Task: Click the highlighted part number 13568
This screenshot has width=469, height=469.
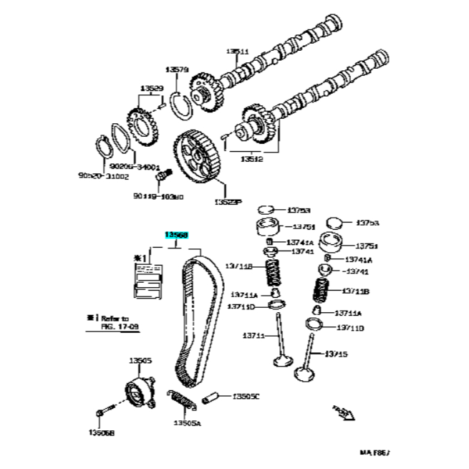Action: (x=176, y=234)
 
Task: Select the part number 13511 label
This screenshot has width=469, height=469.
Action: (x=237, y=51)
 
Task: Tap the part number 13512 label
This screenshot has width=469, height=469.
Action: (x=251, y=159)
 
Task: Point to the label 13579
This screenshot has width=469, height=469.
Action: (x=176, y=69)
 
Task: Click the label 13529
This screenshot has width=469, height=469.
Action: (x=151, y=89)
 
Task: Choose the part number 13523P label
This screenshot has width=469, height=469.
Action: (x=227, y=203)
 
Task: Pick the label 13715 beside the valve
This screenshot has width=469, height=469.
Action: (x=336, y=353)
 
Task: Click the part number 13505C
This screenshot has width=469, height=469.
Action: (x=246, y=395)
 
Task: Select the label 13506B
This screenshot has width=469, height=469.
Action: (x=102, y=432)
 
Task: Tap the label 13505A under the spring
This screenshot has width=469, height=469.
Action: (x=187, y=423)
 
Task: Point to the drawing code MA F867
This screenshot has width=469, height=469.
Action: (x=376, y=453)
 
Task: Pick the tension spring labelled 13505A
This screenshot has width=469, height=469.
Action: (x=181, y=398)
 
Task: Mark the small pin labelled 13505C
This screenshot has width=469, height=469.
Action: (x=213, y=396)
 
